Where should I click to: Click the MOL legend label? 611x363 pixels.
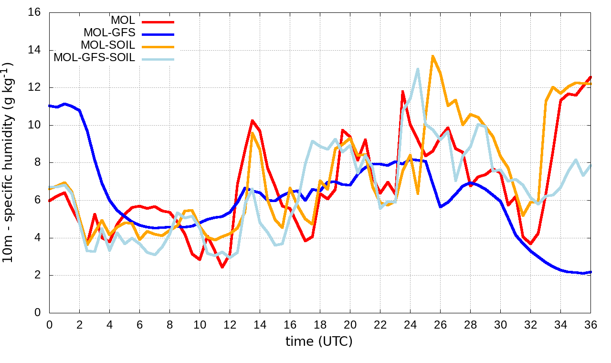123,21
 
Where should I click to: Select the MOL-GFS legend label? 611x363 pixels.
109,33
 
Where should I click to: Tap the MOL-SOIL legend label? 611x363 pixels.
108,45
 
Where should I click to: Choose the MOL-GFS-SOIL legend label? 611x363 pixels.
94,58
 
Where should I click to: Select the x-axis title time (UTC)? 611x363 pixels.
319,341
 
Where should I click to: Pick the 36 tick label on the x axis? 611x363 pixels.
591,324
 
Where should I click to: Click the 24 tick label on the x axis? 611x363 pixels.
410,324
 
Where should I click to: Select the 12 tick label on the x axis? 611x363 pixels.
230,324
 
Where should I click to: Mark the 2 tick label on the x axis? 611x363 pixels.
79,324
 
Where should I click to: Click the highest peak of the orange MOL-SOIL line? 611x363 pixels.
432,56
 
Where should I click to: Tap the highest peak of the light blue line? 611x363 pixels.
418,69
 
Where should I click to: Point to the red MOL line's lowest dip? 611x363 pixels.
222,267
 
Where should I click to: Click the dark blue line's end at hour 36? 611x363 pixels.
590,272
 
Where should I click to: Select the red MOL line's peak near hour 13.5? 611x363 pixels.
252,120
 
